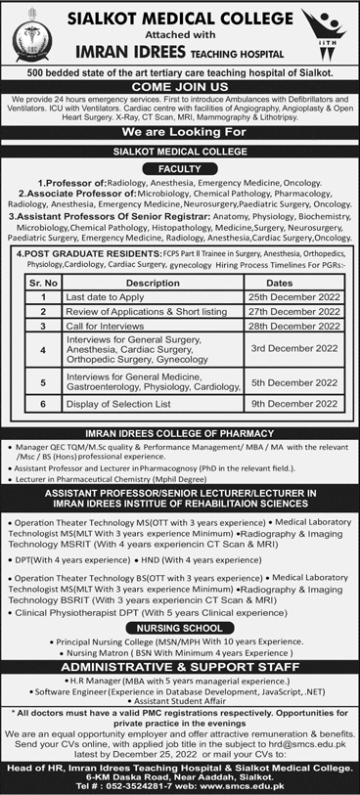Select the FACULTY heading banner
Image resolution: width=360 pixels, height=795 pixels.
179,166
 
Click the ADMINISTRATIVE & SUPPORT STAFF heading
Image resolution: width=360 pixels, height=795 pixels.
179,665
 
